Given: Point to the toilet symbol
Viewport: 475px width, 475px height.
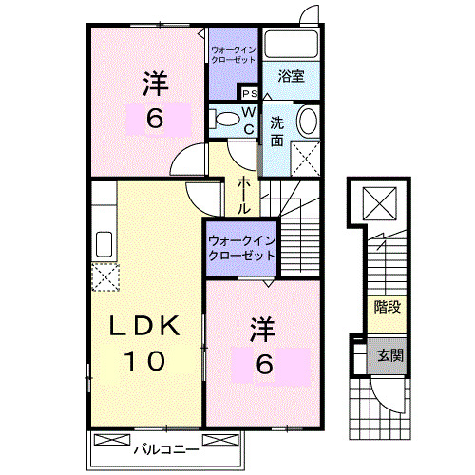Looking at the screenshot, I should [226, 121].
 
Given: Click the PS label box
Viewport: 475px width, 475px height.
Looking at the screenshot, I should [250, 93].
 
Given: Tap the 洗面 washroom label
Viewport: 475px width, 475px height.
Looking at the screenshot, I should [276, 131].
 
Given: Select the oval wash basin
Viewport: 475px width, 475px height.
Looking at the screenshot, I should [308, 122].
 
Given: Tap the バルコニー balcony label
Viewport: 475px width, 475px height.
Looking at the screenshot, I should [165, 446].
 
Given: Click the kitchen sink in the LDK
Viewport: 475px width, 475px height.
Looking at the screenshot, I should [103, 244].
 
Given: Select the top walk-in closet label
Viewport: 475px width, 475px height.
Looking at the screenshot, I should [234, 54].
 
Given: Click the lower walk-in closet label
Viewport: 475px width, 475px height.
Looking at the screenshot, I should [240, 248].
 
